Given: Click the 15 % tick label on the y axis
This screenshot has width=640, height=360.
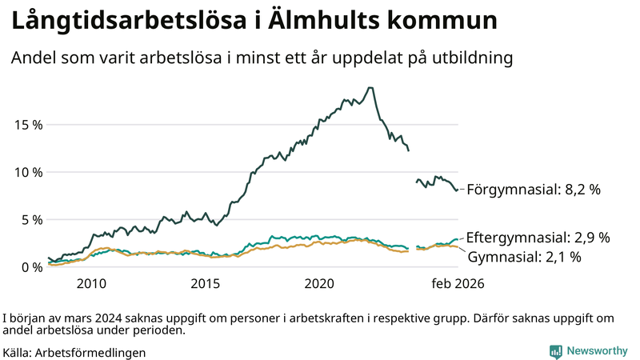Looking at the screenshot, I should [26, 125].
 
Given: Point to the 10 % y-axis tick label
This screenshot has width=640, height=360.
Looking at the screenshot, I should [26, 172].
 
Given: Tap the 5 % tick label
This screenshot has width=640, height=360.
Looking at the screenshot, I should [30, 219].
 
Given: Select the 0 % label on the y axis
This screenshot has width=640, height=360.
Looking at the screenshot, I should [30, 266].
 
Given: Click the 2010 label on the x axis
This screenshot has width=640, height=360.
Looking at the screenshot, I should [91, 284].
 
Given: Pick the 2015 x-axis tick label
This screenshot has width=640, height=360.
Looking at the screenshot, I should [206, 284].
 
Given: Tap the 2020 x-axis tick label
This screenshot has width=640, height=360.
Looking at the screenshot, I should [320, 284].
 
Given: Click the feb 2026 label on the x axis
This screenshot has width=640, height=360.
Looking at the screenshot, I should [458, 284].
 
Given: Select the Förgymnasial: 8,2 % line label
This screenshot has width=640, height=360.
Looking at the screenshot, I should [533, 190].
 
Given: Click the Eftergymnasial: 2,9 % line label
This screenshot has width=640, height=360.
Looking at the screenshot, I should [538, 238].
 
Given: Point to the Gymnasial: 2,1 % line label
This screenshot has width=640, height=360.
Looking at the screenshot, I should [524, 257].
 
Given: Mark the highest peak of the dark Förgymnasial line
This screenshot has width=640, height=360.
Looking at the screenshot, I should [369, 88].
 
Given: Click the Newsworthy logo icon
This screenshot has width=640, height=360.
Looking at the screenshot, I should [555, 351].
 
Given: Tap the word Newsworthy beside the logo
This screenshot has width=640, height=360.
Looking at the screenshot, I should [598, 351].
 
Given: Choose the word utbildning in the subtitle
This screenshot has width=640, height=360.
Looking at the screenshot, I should [469, 58].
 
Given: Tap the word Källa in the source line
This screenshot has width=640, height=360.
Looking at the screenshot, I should [18, 352].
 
